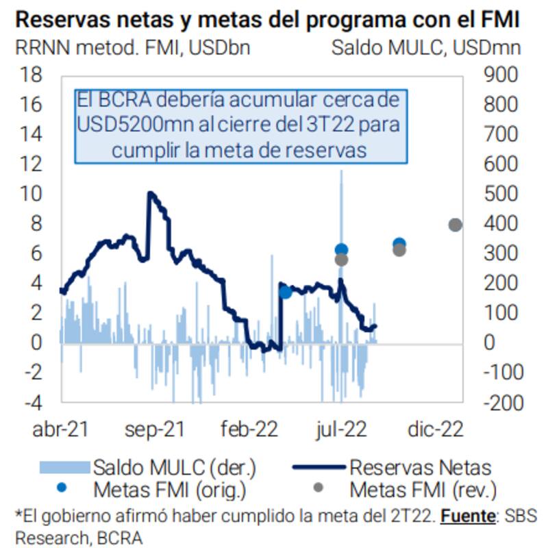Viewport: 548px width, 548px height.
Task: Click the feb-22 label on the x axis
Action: pos(248,429)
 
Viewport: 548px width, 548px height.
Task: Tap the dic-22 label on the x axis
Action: pos(436,429)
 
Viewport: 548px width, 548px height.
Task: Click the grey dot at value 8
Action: pos(455,225)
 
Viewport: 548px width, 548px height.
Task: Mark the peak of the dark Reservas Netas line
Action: pos(150,194)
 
